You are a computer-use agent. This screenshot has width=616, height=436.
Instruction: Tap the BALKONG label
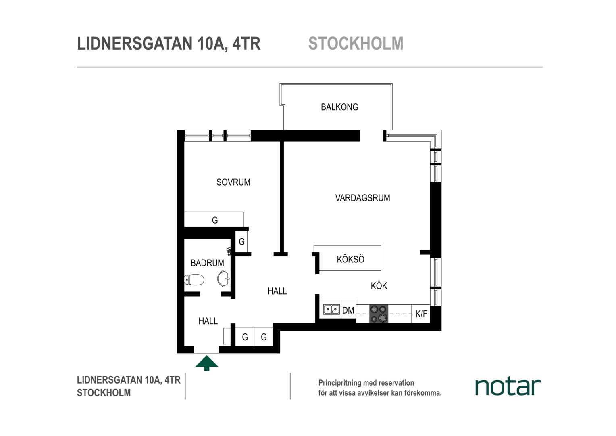[x=339, y=107]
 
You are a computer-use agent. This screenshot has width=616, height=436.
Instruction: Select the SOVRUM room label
[x=233, y=182]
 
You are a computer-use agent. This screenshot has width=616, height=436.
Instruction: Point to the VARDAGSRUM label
[x=362, y=198]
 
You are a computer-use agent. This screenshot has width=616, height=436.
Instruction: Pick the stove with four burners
[x=379, y=314]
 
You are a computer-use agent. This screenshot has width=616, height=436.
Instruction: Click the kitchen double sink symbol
[x=331, y=309]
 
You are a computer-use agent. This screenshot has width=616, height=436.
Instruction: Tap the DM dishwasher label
[x=348, y=310]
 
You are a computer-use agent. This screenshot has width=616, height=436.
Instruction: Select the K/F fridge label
[x=421, y=314]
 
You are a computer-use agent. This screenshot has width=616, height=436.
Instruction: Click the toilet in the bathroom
[x=194, y=279]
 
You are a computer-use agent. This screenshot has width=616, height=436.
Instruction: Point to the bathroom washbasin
[x=224, y=279]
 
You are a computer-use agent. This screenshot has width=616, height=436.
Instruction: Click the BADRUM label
[x=207, y=263]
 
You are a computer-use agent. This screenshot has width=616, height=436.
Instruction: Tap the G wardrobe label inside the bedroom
[x=215, y=220]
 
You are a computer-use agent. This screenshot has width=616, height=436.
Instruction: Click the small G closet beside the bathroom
[x=241, y=241]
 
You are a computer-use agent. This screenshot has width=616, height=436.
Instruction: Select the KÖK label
[x=379, y=285]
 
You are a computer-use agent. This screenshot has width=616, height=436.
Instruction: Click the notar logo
[x=508, y=387]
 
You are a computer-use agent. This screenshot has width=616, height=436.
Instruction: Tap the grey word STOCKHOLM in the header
[x=356, y=43]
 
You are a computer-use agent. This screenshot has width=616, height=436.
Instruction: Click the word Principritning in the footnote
[x=340, y=383]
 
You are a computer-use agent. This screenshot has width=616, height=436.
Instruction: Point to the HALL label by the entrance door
[x=208, y=321]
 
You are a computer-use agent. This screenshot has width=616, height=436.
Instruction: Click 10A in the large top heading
[x=212, y=44]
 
